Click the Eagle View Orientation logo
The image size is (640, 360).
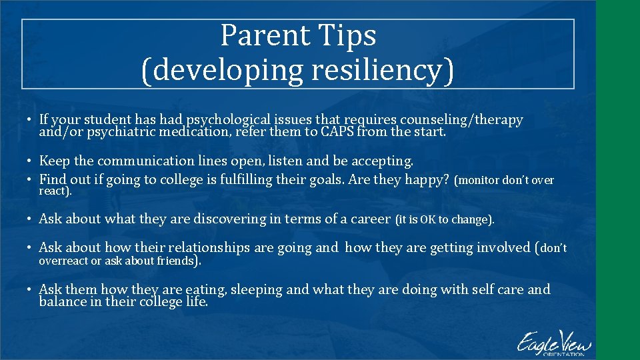(x=552, y=343)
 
